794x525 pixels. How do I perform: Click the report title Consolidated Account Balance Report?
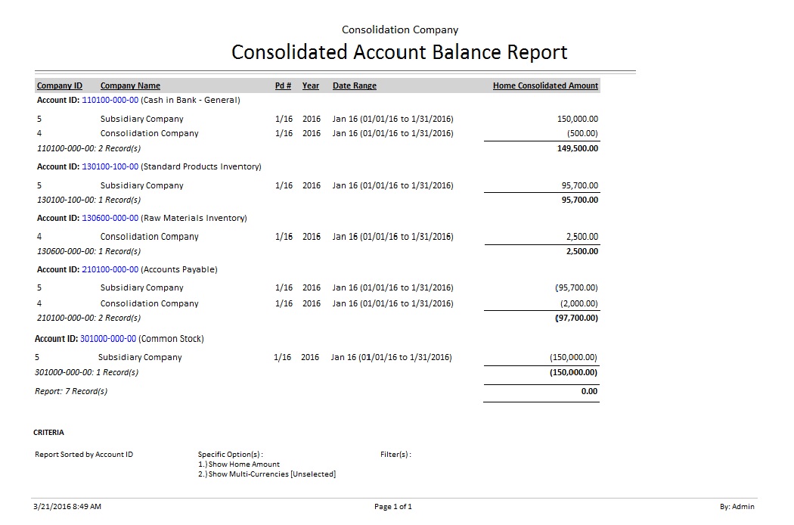point(399,52)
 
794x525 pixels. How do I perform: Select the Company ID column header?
point(60,85)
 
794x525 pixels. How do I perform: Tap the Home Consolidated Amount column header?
point(545,85)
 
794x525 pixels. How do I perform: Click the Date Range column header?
point(354,85)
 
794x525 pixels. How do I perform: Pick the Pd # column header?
point(283,85)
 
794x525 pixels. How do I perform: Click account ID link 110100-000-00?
point(110,100)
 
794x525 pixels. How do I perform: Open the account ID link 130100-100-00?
point(110,166)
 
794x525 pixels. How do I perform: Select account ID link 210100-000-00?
point(110,269)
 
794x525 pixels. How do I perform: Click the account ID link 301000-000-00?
point(108,339)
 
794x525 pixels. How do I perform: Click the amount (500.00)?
point(582,133)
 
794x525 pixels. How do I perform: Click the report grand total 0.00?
point(589,391)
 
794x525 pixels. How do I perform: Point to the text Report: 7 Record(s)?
point(71,391)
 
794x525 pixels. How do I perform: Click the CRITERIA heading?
point(48,433)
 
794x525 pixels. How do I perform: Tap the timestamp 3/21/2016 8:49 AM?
point(67,507)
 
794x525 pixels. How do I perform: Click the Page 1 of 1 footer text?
point(393,507)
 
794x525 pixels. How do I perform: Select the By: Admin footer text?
point(737,507)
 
